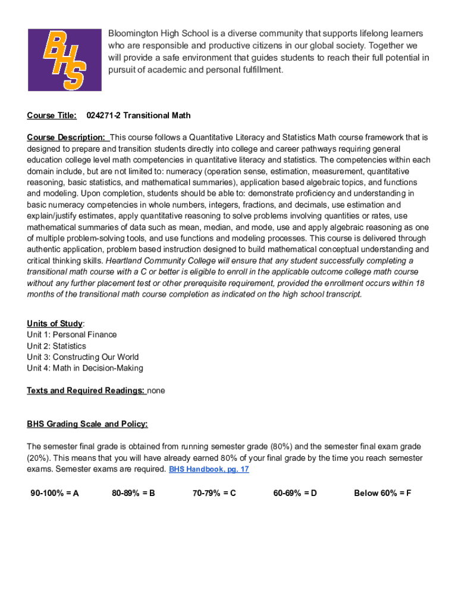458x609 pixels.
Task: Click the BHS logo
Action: tap(65, 59)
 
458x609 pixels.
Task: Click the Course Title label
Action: tap(52, 115)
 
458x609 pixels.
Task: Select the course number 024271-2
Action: tap(104, 115)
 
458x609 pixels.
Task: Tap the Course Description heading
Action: tap(66, 137)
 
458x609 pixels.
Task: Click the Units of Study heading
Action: tap(55, 324)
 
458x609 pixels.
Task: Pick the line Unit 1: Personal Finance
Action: tap(72, 335)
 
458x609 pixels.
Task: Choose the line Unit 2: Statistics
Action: tap(57, 346)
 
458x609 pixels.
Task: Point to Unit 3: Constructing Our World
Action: tap(83, 357)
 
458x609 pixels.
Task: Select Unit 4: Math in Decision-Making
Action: tap(85, 368)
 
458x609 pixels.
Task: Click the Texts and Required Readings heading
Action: tap(86, 391)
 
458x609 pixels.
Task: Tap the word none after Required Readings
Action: tap(156, 391)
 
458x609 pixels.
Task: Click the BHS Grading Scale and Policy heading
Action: tap(87, 424)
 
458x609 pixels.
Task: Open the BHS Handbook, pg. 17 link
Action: tap(209, 469)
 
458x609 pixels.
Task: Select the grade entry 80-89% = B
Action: tap(133, 493)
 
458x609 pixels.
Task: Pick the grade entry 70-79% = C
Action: tap(214, 493)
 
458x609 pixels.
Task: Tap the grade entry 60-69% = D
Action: tap(295, 493)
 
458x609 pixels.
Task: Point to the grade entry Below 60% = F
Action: tap(382, 493)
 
